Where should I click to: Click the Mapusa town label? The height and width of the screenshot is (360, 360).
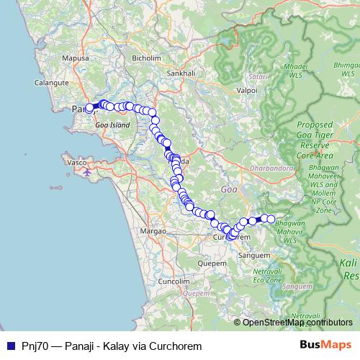pyautogui.click(x=76, y=58)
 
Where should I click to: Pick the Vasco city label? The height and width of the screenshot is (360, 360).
pyautogui.click(x=77, y=163)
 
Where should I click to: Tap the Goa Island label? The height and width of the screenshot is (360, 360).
pyautogui.click(x=112, y=125)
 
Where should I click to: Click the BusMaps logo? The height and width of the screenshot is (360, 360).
pyautogui.click(x=325, y=345)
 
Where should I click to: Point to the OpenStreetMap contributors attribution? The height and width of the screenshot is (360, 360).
pyautogui.click(x=296, y=323)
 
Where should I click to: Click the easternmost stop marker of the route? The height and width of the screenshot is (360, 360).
pyautogui.click(x=271, y=219)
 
